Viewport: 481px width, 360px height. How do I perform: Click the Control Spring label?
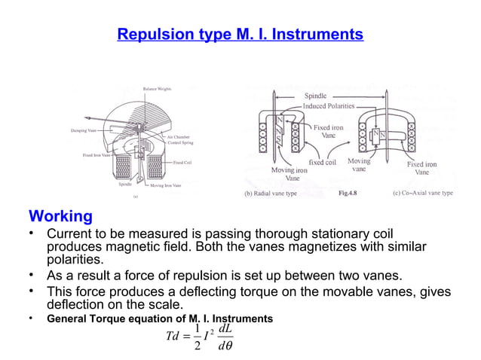click(x=181, y=142)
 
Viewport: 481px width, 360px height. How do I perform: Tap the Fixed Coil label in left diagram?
click(x=181, y=162)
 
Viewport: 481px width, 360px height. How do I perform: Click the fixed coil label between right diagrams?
click(x=327, y=162)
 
